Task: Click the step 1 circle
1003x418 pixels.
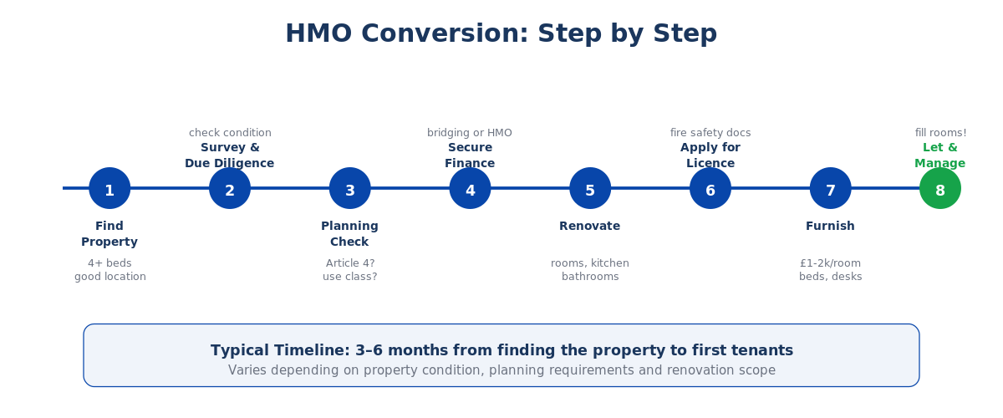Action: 109,188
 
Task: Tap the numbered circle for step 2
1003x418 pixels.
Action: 230,188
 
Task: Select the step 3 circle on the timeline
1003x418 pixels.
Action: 350,188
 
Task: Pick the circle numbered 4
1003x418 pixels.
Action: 470,188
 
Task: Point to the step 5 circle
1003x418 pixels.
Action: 590,188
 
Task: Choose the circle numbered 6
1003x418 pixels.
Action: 710,188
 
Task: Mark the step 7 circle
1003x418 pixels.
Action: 831,188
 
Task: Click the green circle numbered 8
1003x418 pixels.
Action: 940,188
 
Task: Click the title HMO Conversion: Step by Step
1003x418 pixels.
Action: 501,34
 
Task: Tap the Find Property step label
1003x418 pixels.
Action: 109,234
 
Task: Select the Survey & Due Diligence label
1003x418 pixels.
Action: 230,155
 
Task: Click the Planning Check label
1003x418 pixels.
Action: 349,234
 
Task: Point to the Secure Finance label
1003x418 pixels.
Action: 470,155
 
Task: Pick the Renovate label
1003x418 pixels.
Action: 590,227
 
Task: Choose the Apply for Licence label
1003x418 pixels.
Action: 710,155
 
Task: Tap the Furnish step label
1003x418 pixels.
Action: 830,227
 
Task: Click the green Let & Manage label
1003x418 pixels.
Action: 940,155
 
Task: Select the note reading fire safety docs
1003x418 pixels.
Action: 710,133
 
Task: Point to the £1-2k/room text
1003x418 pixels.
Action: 830,263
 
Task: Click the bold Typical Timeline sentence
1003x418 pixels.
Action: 501,351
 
